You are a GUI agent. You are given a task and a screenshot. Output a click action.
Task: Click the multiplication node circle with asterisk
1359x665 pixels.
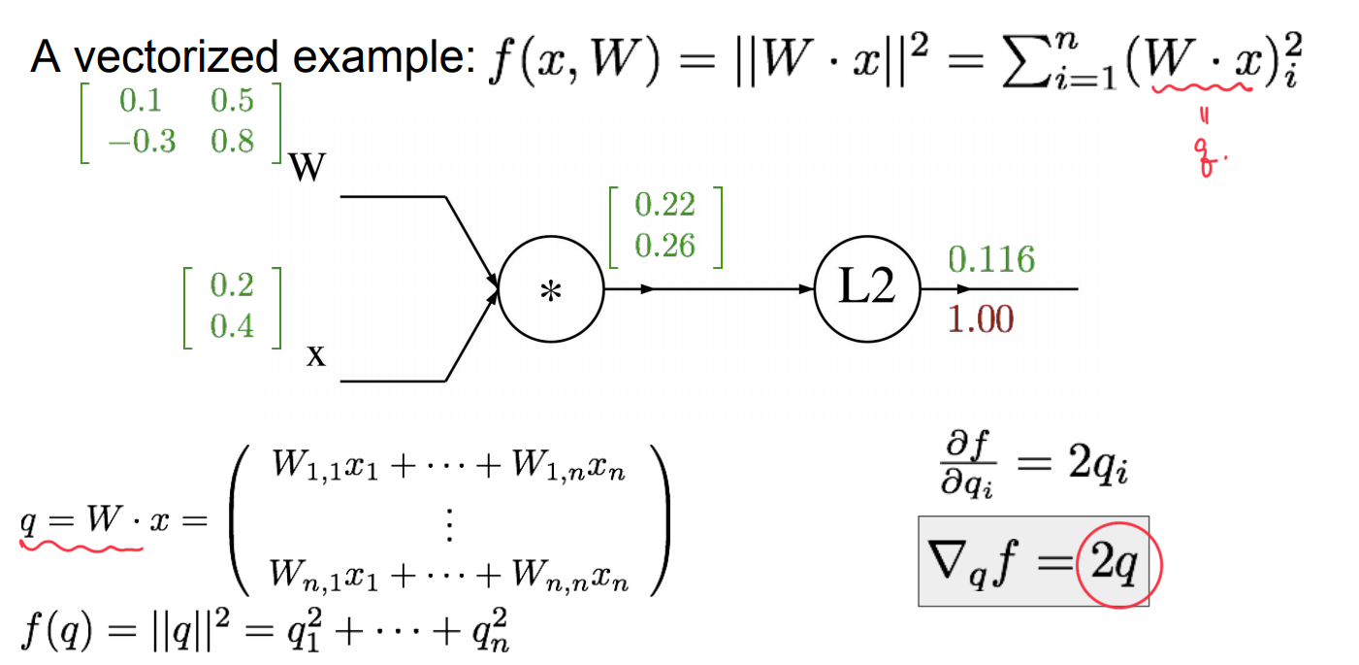pos(551,289)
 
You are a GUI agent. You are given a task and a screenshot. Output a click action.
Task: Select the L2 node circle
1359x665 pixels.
pos(866,289)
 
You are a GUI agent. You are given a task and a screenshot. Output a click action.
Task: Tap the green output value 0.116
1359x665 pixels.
pos(991,259)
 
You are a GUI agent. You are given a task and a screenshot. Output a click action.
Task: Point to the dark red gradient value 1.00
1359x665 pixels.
pos(980,319)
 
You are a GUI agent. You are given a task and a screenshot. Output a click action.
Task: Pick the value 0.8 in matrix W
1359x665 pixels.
pos(232,142)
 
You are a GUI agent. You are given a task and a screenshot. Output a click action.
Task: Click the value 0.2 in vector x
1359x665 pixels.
pos(232,285)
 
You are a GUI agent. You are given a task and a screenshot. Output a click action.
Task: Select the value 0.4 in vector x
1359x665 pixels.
pos(232,325)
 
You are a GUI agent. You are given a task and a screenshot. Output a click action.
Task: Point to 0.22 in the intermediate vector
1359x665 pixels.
pos(664,205)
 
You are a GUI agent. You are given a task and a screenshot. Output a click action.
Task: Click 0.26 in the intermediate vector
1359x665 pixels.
pos(664,246)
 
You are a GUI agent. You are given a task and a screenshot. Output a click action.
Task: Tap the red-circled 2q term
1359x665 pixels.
pos(1118,563)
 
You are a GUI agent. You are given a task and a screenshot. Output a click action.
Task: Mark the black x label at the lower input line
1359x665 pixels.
pos(315,356)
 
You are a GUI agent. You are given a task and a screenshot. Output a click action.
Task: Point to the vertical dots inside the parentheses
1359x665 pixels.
pos(449,528)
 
